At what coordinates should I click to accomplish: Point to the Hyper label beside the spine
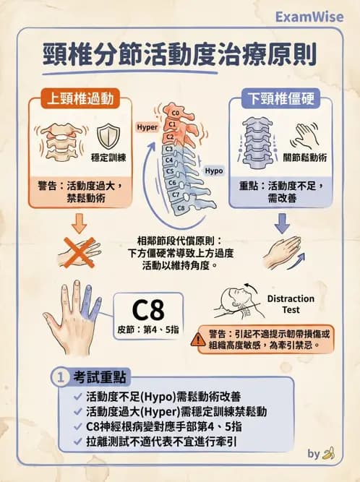tap(147, 127)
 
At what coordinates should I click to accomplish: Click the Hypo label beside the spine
tap(213, 171)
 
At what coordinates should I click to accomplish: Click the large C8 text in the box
tap(151, 309)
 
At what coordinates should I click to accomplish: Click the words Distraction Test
tap(291, 304)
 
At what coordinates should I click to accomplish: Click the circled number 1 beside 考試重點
tap(60, 376)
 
